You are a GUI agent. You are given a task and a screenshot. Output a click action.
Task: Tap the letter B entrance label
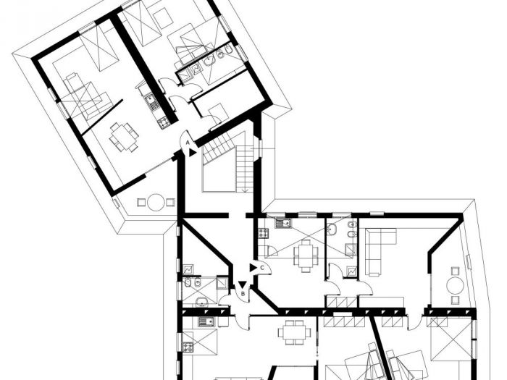242,294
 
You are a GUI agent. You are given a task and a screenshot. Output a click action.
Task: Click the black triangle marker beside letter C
252,267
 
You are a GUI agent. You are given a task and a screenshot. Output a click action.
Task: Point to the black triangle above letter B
242,284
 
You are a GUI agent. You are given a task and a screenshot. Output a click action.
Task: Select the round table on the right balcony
455,285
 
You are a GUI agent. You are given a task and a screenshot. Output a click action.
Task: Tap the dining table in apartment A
123,135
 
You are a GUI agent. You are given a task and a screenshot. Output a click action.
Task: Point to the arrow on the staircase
246,190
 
